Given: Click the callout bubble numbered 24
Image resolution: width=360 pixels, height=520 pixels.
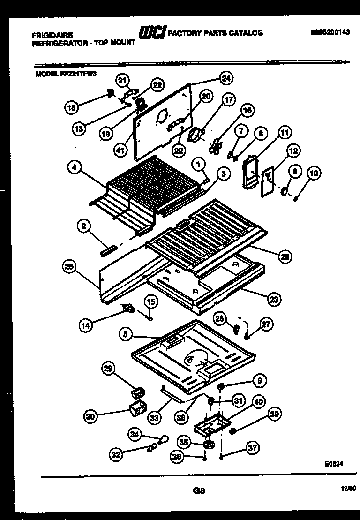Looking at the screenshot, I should coord(226,79).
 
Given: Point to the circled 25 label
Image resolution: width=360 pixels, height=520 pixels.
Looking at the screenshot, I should coord(69,267).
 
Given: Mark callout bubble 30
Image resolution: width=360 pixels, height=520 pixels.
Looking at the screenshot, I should coord(91,415).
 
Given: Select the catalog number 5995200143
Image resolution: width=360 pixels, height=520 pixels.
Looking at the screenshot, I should coord(330,33).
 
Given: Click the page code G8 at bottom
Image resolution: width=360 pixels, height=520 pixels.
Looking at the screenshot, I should coord(199,491).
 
